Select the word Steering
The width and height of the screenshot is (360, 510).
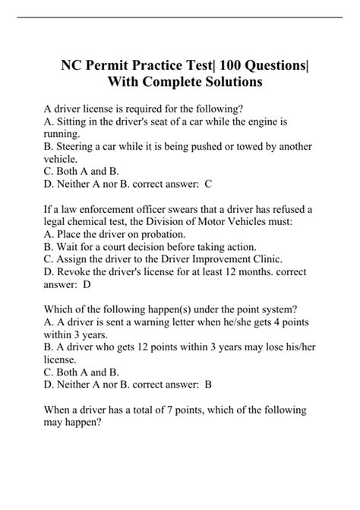[80, 147]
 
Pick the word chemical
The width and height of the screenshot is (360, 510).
[103, 222]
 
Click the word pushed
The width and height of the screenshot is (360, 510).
[184, 147]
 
